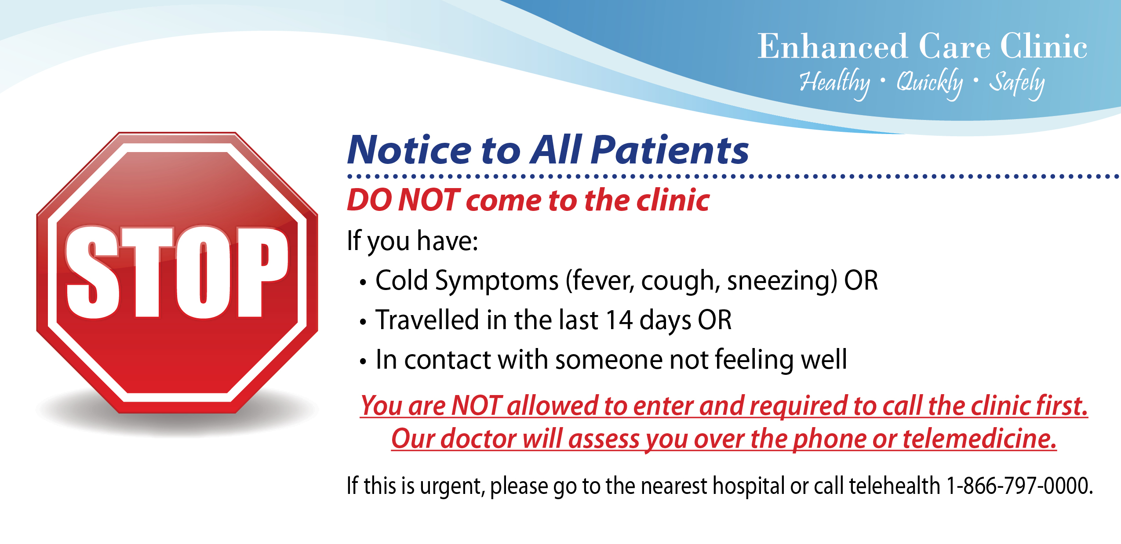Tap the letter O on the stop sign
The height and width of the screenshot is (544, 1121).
[x=203, y=272]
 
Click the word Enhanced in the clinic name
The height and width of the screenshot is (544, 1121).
[x=832, y=46]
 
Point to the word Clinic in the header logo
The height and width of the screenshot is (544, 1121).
[x=1044, y=46]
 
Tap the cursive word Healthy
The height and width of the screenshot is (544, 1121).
[x=834, y=83]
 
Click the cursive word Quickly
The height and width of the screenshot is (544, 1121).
[x=929, y=83]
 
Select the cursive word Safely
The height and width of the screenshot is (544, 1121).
[x=1016, y=83]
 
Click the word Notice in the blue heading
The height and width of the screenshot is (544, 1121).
[x=409, y=150]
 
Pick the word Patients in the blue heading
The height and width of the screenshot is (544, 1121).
[x=669, y=150]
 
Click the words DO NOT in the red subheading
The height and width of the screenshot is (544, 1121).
[x=403, y=200]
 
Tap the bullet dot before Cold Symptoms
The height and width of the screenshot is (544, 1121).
[x=363, y=283]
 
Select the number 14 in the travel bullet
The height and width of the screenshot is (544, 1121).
[x=619, y=320]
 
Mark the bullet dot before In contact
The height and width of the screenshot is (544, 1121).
[x=363, y=362]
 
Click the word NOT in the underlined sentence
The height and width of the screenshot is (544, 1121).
[x=477, y=405]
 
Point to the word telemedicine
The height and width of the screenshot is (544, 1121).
[x=979, y=439]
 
